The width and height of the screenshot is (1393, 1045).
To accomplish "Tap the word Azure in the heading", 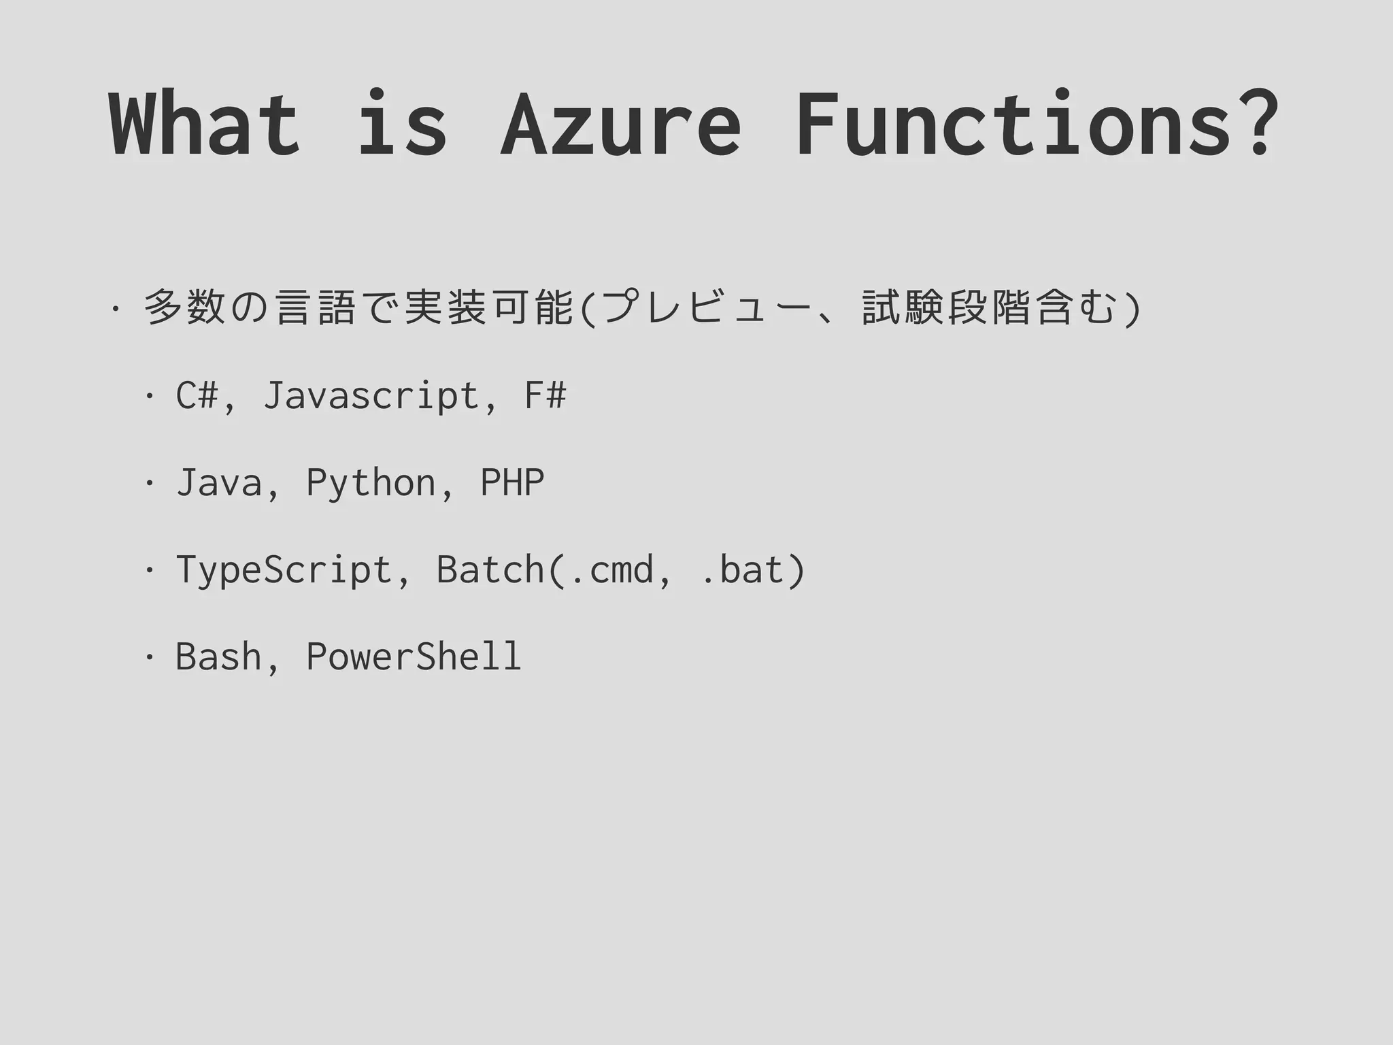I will coord(620,125).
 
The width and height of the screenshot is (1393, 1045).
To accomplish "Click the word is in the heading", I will coord(401,125).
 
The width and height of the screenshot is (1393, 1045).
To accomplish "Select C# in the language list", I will coord(197,395).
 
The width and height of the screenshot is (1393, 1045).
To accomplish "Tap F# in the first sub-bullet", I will coord(545,395).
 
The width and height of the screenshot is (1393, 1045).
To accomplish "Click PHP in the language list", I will coord(512,482).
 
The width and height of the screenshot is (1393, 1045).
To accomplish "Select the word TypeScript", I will coord(284,571).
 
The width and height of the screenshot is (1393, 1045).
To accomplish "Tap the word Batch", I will coord(490,569).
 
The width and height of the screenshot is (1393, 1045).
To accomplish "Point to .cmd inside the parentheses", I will coord(611,571).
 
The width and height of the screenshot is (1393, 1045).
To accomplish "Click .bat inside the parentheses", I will coord(741,569).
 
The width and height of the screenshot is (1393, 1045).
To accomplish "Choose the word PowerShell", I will coord(414,657).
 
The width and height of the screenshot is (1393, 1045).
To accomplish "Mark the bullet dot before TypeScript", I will coord(148,570).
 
